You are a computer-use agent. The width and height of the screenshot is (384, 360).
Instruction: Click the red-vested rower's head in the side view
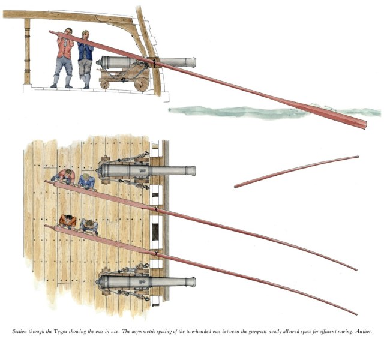coord(68,32)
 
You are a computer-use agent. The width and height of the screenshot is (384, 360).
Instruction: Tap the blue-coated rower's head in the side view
coord(85,35)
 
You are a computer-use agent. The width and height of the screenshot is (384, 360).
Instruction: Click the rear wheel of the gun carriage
coord(105,85)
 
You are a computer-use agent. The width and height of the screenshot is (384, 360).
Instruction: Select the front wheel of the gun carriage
coord(142,85)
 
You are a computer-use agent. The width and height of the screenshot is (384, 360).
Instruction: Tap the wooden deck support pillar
coord(27,52)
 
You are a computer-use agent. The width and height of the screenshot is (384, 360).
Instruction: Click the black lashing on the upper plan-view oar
coord(155,209)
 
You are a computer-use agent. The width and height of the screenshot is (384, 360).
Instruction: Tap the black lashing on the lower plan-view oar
coord(155,253)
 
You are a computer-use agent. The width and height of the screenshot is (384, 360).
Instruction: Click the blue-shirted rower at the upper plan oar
coord(86,181)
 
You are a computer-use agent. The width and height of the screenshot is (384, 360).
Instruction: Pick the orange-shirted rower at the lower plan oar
coord(68,221)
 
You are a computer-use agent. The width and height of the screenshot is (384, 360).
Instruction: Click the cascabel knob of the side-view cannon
coord(97,62)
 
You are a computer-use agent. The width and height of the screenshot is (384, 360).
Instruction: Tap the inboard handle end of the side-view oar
coord(50,32)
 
